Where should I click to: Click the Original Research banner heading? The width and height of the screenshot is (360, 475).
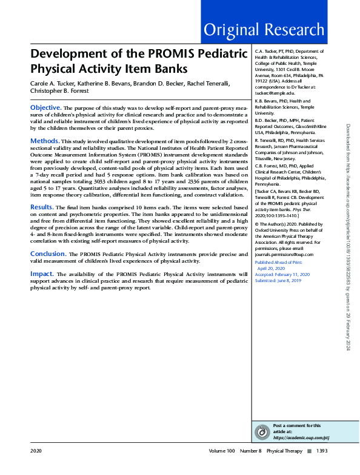click(x=264, y=29)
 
